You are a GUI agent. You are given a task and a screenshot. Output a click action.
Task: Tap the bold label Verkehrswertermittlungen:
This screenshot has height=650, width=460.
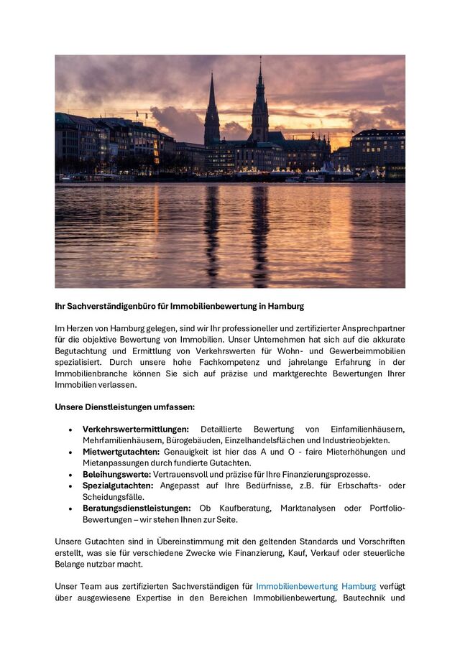[x=135, y=429]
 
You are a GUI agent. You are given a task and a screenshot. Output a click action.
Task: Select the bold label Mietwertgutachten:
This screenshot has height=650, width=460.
[x=121, y=452]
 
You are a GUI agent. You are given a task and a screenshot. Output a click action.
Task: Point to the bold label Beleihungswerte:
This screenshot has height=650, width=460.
[x=116, y=474]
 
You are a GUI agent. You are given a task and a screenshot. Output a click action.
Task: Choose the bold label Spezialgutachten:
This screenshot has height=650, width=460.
[x=118, y=486]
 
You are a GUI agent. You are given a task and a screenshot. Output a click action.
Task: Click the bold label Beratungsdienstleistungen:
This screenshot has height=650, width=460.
[x=137, y=508]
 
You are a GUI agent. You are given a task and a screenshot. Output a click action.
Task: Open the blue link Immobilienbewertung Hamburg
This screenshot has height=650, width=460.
[x=316, y=586]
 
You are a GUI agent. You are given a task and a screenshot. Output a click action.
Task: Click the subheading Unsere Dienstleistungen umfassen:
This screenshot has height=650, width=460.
[x=124, y=407]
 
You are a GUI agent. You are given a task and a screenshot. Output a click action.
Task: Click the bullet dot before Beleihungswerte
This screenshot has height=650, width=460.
[x=70, y=475]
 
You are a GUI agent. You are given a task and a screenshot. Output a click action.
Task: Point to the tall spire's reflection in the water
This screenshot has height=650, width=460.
[x=260, y=230]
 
